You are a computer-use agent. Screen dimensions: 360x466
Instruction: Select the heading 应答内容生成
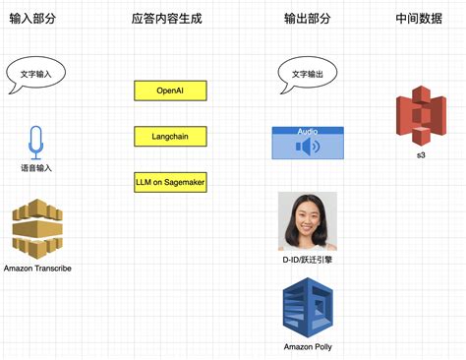[x=166, y=18]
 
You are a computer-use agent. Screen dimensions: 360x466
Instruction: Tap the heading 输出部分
[x=307, y=18]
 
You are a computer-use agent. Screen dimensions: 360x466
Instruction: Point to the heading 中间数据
[x=420, y=18]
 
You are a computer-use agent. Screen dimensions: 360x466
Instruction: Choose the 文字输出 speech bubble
[x=307, y=74]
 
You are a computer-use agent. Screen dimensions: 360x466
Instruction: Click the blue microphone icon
[x=36, y=142]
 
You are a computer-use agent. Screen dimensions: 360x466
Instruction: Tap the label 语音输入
[x=36, y=168]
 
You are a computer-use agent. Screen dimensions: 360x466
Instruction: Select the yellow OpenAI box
[x=170, y=90]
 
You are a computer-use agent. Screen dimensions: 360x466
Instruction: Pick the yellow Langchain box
[x=170, y=136]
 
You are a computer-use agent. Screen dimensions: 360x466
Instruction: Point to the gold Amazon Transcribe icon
[x=37, y=228]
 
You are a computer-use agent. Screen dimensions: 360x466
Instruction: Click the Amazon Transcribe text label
[x=37, y=269]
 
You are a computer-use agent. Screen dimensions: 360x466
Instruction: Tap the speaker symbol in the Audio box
[x=308, y=148]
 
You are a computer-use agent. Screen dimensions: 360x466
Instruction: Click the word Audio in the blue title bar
[x=308, y=131]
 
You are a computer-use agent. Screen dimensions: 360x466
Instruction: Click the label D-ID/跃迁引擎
[x=308, y=260]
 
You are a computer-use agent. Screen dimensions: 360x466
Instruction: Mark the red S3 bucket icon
[x=420, y=119]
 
